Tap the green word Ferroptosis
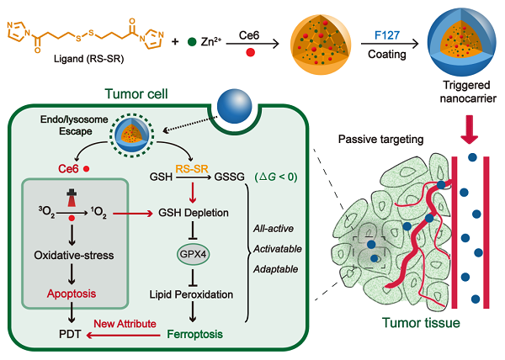(193, 334)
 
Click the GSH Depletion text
(193, 213)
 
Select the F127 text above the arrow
(388, 36)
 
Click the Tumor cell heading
(130, 95)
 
